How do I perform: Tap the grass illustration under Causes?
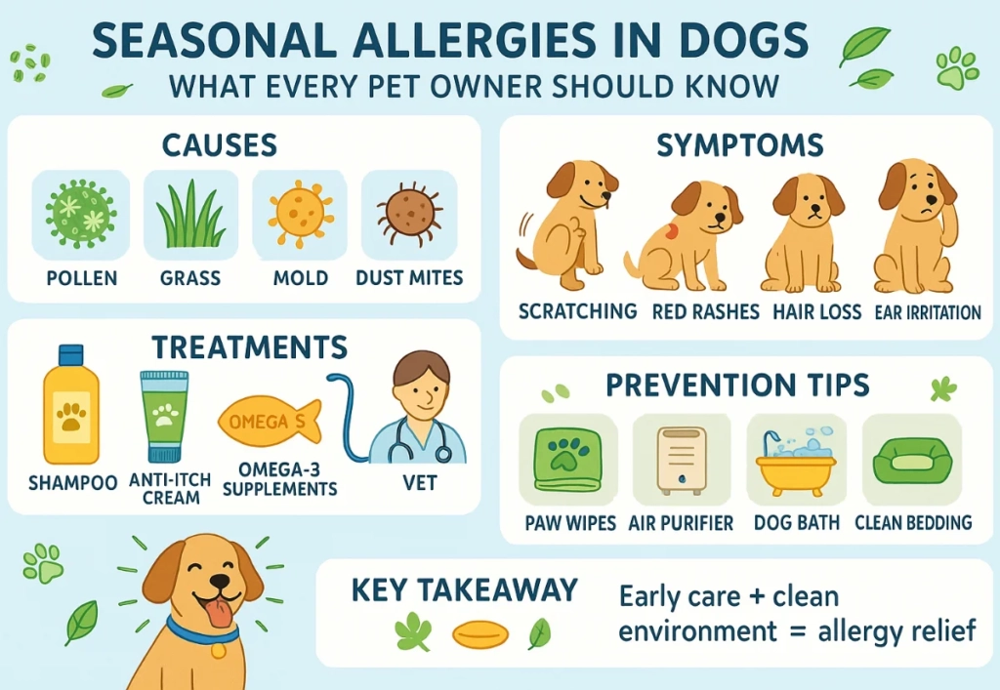(190, 216)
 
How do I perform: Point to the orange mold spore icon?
(301, 213)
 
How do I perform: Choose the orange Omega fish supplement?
(270, 421)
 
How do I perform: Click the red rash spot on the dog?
(670, 231)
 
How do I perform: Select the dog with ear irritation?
(916, 226)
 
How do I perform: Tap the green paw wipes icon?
(567, 460)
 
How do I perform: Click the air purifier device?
(681, 460)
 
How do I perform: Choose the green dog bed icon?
(913, 460)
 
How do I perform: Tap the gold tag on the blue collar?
(218, 651)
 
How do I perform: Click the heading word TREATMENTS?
(250, 347)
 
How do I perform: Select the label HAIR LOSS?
(817, 311)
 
